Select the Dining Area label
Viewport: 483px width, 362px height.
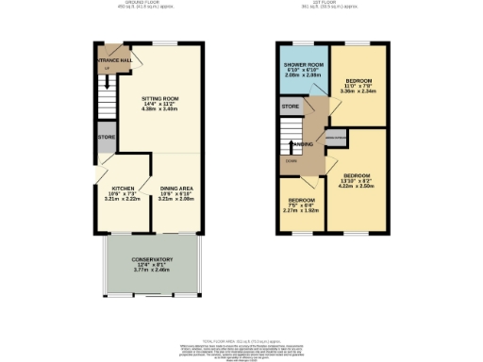177,189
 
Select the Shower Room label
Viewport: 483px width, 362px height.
303,66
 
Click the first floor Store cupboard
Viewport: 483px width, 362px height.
290,107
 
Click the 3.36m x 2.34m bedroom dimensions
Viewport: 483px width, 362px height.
359,92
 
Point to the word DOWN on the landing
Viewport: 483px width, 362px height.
291,161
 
